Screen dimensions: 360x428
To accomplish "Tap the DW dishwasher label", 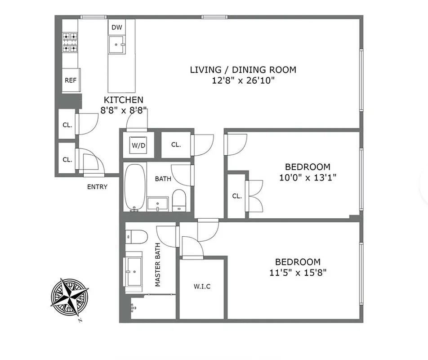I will tap(116, 27).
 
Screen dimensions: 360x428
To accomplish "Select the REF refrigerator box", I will tap(70, 81).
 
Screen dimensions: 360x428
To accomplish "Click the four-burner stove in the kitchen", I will tap(70, 42).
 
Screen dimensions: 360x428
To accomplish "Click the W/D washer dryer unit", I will tap(138, 145).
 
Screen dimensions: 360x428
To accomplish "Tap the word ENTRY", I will tap(97, 187).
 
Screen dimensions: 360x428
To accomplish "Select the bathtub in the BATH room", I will tap(134, 187).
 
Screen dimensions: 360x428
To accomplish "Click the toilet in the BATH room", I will tap(179, 200).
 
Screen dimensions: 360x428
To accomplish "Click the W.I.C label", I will tap(202, 286).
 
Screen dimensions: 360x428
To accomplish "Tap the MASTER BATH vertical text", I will tap(158, 269).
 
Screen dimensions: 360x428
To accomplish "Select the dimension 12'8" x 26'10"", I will tap(243, 81).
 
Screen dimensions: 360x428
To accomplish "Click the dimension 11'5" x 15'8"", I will tap(297, 272).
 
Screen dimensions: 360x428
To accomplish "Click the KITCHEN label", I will tap(124, 100).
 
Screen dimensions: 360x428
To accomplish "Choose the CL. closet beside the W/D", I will tap(176, 145).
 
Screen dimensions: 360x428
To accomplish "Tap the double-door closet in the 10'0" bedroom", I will tap(237, 196).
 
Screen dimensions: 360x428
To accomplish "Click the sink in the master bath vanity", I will tap(134, 272).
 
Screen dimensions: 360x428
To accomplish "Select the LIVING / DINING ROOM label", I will tap(243, 70).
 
